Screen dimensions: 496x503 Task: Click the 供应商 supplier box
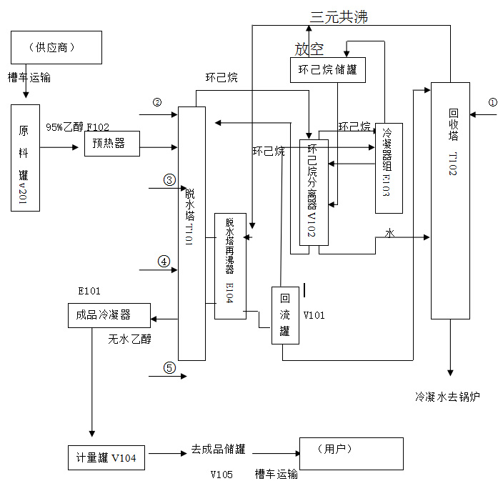[56, 48]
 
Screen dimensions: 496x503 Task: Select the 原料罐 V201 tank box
[25, 157]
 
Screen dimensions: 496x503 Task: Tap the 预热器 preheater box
[111, 144]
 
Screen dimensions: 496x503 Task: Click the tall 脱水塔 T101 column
[191, 233]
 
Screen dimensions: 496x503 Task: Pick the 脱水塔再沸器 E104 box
[230, 266]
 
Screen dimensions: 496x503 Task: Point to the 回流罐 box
[284, 314]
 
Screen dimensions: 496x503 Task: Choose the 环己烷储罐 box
[327, 70]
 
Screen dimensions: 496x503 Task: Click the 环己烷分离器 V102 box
[314, 192]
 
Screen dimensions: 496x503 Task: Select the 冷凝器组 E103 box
[389, 168]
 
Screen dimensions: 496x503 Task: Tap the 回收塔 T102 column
[450, 200]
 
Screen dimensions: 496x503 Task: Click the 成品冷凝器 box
[109, 315]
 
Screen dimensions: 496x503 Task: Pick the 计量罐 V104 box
[106, 457]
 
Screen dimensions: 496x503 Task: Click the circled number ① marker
[492, 102]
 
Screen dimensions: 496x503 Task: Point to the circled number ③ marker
[169, 179]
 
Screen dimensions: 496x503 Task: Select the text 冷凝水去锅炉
[447, 396]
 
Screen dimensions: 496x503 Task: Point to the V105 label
[221, 475]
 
